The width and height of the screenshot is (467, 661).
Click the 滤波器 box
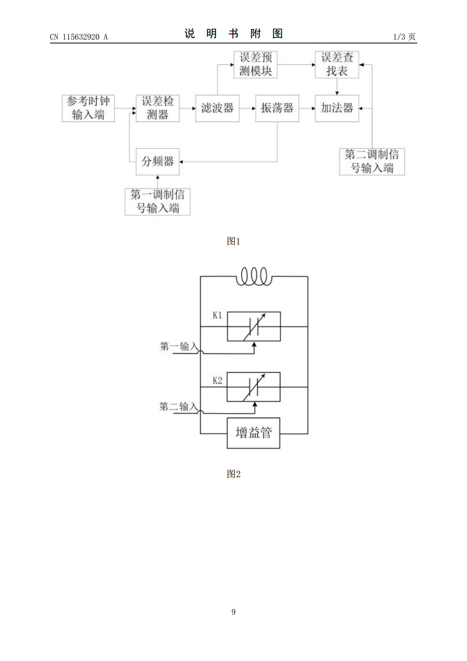click(217, 108)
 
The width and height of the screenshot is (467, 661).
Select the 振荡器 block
click(277, 108)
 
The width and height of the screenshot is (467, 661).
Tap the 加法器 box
click(337, 108)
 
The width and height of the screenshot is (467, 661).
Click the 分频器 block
click(157, 162)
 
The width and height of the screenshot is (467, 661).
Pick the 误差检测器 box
click(157, 108)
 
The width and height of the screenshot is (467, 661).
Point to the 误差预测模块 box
click(255, 65)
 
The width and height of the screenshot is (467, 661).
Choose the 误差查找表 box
click(337, 65)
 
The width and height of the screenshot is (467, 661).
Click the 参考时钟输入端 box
click(88, 108)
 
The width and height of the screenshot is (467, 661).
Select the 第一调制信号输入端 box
click(157, 202)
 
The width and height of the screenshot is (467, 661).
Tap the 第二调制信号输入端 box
click(372, 162)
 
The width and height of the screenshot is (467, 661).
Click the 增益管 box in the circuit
click(254, 433)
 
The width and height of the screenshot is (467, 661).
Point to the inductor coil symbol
click(254, 276)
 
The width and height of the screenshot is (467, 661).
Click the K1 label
click(217, 315)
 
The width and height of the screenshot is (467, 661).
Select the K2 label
click(217, 380)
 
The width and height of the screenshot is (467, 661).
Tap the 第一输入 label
click(179, 346)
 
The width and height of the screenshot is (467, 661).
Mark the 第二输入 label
click(179, 407)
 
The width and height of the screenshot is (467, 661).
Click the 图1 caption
click(233, 241)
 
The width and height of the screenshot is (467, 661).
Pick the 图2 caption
click(233, 474)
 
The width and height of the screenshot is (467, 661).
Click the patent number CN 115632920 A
click(79, 37)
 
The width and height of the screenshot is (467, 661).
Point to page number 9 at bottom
click(233, 612)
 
